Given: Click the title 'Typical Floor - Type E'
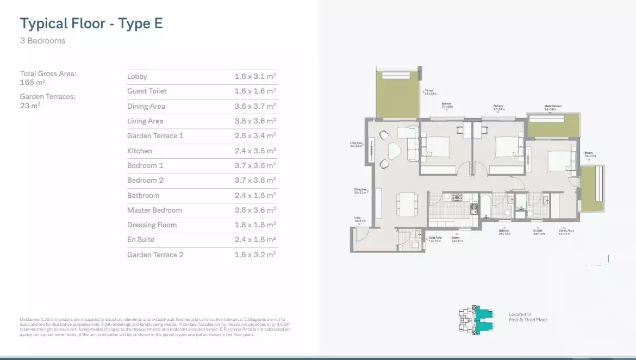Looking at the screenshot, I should point(91,23).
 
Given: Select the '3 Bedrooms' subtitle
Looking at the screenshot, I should point(42,41).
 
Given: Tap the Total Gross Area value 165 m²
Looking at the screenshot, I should point(33,83).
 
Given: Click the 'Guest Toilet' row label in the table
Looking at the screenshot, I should point(147,91).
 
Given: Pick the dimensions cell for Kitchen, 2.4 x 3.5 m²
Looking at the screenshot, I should point(255,151).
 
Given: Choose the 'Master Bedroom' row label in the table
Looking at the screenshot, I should point(154,210).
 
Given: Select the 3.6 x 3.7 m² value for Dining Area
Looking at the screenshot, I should point(255,106).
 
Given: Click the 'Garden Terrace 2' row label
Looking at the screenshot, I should point(155,255).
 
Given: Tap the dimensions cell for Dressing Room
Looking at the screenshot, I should point(255,225).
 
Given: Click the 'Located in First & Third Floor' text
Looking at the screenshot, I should point(528,317).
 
